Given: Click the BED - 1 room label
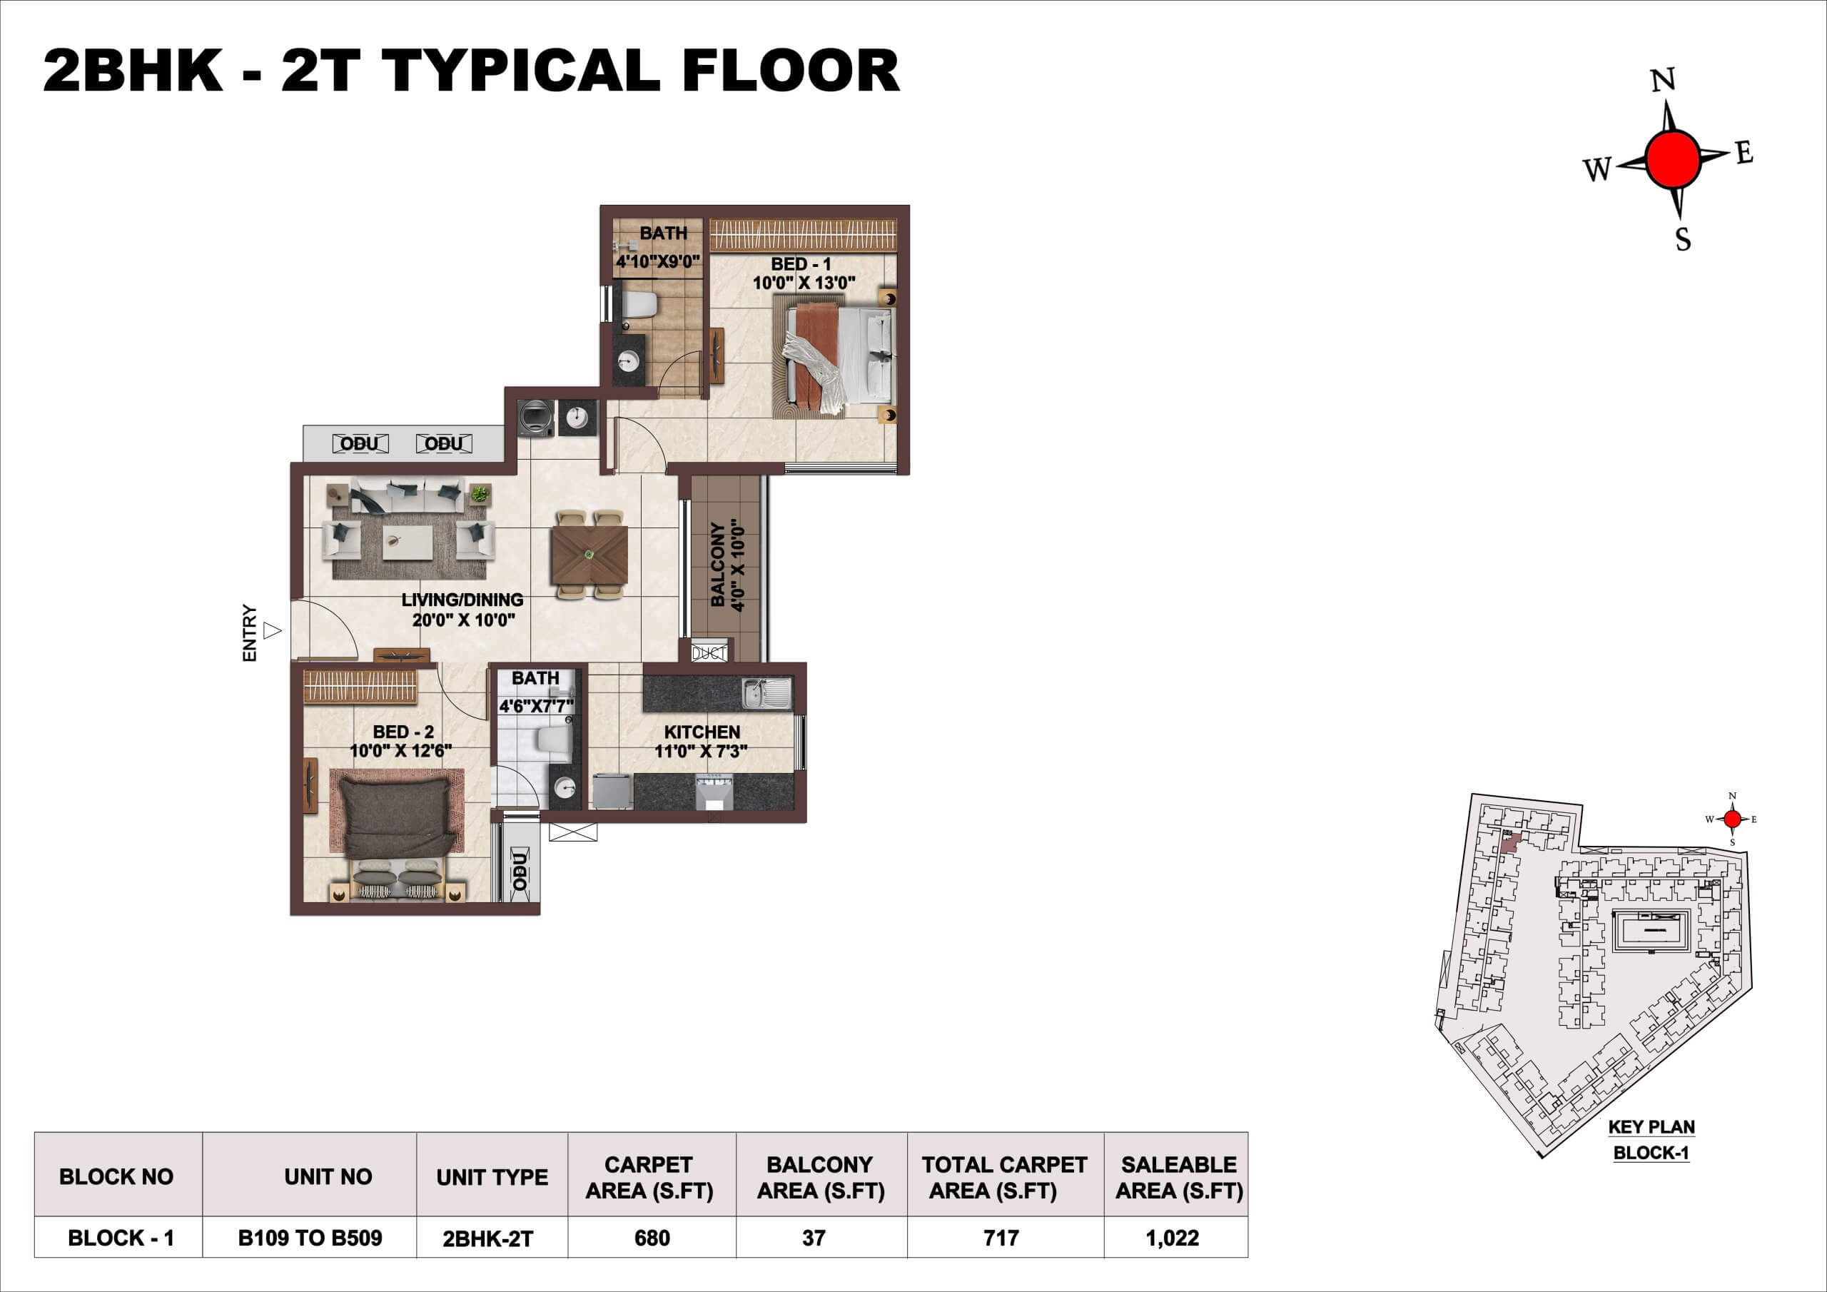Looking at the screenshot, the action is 801,263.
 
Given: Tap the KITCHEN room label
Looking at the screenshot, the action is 702,732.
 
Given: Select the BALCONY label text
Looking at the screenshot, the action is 718,565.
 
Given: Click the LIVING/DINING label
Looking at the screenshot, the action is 462,600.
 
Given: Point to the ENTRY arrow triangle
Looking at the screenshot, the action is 272,630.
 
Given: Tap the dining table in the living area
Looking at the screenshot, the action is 589,555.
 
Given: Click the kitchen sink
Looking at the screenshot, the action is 767,693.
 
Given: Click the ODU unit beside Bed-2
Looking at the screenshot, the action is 520,870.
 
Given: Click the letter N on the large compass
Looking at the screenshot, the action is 1663,81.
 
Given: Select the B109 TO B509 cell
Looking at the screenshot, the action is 310,1238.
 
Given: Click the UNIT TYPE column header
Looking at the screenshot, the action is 492,1177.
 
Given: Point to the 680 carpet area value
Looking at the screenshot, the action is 652,1238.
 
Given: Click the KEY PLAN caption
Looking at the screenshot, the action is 1652,1127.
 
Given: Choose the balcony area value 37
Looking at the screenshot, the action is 814,1238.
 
